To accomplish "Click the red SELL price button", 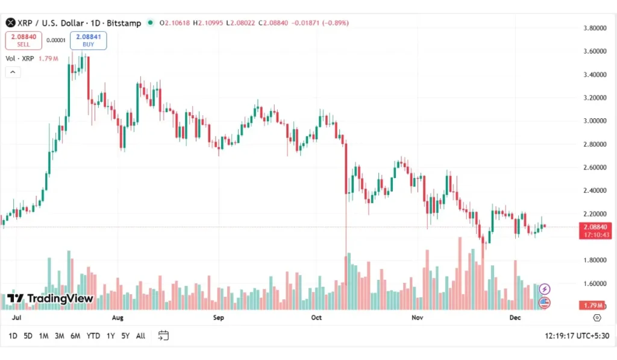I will (x=23, y=40).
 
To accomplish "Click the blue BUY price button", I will (x=88, y=40).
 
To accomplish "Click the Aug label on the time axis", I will (x=117, y=317).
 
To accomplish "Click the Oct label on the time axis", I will (x=317, y=317).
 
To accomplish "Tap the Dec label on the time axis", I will (x=515, y=317).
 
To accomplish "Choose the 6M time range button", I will (x=75, y=336).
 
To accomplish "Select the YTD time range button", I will (x=93, y=336).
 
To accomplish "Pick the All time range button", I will (x=140, y=336).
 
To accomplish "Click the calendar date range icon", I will (x=163, y=335).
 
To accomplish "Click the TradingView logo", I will (x=51, y=298).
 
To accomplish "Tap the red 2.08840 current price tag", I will (x=595, y=227).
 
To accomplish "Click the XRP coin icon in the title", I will (x=10, y=23).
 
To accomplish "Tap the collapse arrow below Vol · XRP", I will (x=13, y=72).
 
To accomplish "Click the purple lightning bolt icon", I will (x=544, y=289).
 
